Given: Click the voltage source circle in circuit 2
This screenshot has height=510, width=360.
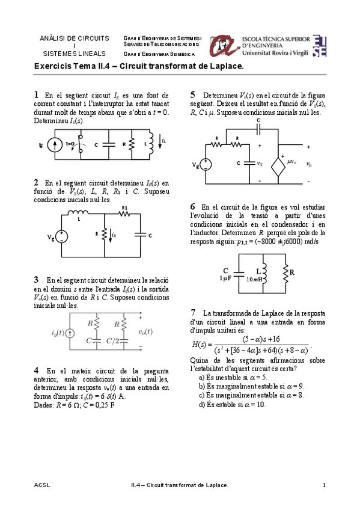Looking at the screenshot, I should pos(61,236).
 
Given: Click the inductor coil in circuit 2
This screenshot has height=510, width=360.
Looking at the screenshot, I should pos(77,213).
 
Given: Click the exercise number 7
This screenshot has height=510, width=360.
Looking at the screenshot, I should pos(193,312).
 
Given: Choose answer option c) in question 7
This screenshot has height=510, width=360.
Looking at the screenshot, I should pos(201,395).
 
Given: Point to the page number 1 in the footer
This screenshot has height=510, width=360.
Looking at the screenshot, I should pos(324,485).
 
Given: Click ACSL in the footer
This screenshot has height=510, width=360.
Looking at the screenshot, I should pos(43,485).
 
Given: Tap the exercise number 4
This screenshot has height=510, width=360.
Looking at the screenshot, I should pos(37,369).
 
